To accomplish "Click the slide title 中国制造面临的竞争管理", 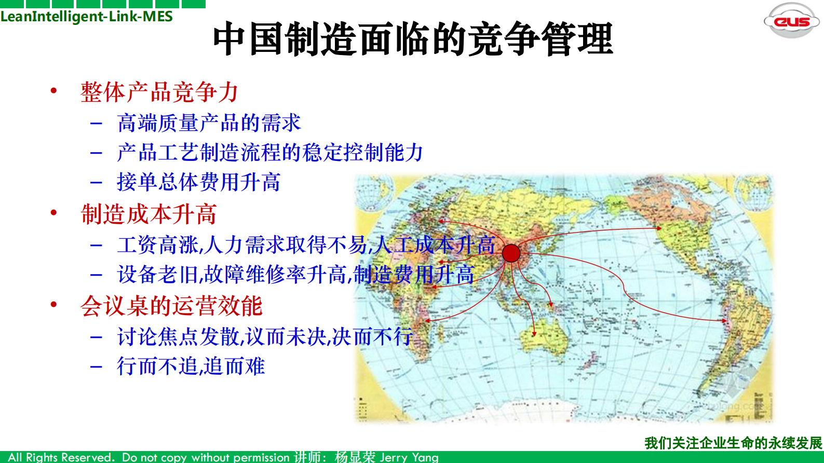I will (x=413, y=39).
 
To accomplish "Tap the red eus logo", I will (x=791, y=21).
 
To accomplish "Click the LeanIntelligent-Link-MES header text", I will (x=87, y=17).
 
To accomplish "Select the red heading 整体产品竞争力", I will (x=159, y=92).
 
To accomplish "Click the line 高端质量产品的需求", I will (x=209, y=124).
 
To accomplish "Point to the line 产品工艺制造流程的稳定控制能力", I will (x=270, y=153).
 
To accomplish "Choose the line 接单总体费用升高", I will (x=199, y=182).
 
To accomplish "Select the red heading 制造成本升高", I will (x=149, y=214).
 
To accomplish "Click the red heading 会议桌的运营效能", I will (x=171, y=306).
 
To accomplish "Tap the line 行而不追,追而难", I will (x=191, y=366).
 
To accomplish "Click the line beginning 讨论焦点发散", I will (x=265, y=337).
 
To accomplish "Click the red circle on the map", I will (x=511, y=253).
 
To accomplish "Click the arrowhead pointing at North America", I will (x=659, y=228).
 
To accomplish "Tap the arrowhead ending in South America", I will (x=725, y=321).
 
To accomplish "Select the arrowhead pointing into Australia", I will (x=534, y=334).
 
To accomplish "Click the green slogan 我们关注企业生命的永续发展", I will (x=733, y=443).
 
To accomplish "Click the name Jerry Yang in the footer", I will (x=409, y=457).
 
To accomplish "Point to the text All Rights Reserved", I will (x=61, y=457).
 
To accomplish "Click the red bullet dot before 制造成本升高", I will (x=53, y=212).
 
